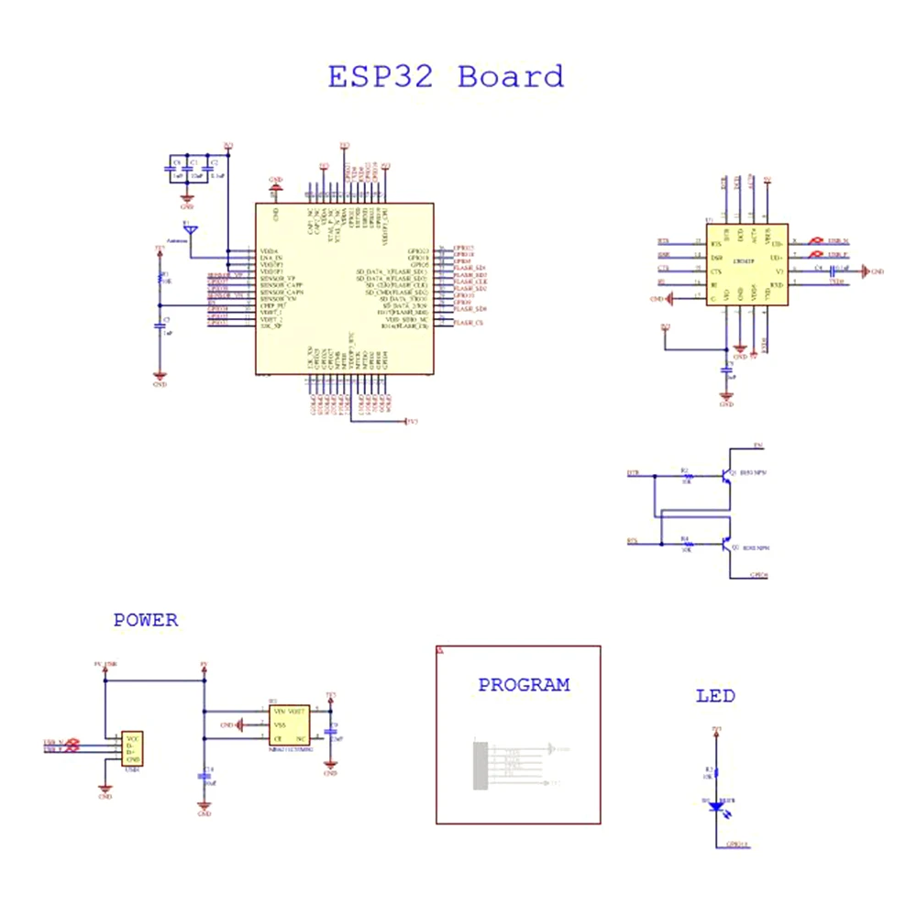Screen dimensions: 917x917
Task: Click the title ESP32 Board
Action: (447, 76)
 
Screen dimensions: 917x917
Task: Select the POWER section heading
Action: (146, 621)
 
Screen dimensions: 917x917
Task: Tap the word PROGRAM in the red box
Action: (524, 685)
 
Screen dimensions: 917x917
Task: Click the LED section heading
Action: (715, 697)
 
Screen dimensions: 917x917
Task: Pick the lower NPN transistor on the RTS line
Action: (724, 544)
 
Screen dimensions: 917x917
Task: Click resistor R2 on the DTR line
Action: (685, 476)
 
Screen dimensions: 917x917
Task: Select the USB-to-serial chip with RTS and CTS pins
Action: (746, 266)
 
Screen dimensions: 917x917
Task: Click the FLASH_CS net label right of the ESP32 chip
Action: (466, 323)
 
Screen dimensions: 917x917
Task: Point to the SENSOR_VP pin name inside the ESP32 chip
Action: (278, 278)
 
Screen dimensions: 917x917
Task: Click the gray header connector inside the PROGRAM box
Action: (480, 764)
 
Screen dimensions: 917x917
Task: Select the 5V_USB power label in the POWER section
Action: (105, 663)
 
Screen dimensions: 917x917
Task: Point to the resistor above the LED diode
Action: (716, 772)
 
